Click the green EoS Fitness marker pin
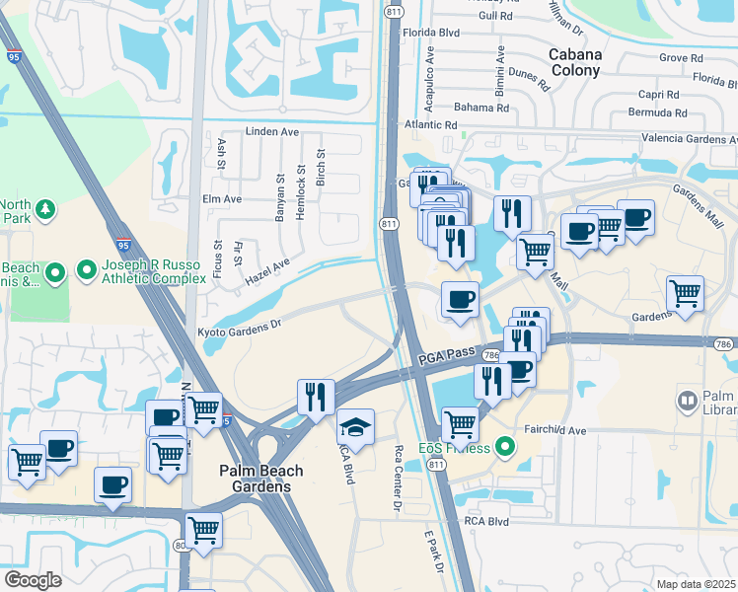coord(506,447)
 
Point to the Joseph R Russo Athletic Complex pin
coord(86,267)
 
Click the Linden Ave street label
coord(271,131)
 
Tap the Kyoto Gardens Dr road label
coord(240,322)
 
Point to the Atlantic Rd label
coord(430,124)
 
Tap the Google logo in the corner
coord(32,579)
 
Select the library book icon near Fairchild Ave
coord(688,401)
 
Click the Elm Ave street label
coord(221,198)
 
